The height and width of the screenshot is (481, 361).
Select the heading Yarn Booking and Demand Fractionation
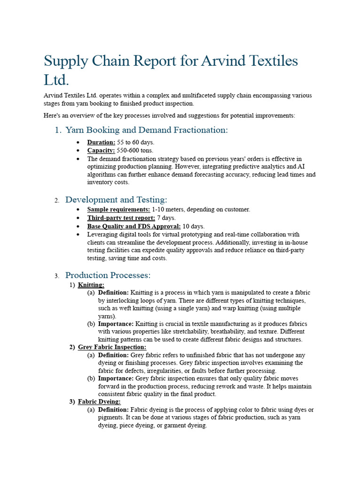tap(146, 130)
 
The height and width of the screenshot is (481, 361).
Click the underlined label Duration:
tap(101, 142)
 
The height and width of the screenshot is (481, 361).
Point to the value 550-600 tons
tap(135, 151)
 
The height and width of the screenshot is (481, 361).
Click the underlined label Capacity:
tap(101, 151)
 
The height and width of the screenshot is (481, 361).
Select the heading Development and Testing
tap(116, 200)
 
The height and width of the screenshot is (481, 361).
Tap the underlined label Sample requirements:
tap(118, 209)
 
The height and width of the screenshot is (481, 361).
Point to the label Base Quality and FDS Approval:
tap(133, 226)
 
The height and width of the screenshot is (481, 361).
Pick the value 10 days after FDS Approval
tap(194, 226)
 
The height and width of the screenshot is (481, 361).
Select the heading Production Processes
tap(108, 275)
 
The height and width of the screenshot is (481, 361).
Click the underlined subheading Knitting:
tap(91, 285)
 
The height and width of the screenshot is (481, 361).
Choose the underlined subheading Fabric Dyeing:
tap(99, 402)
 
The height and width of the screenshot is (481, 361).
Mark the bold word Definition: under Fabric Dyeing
tap(113, 410)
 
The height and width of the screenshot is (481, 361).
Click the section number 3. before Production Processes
tap(56, 276)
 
